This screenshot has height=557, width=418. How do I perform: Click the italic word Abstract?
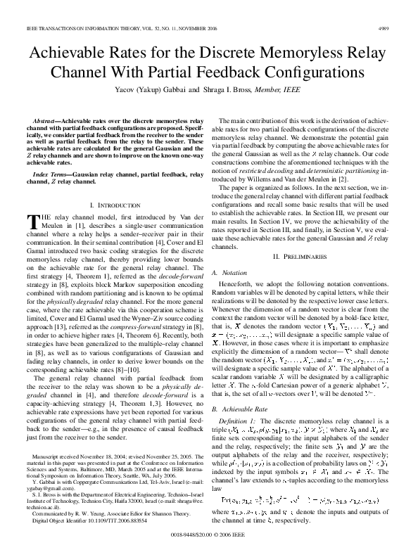(46, 122)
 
